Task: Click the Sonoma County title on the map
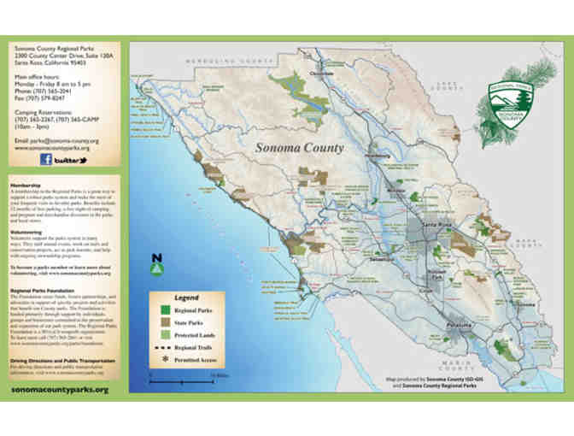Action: coord(300,147)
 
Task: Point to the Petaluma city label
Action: coord(453,326)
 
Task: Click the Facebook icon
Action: coord(45,159)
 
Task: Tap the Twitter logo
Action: coord(73,160)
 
